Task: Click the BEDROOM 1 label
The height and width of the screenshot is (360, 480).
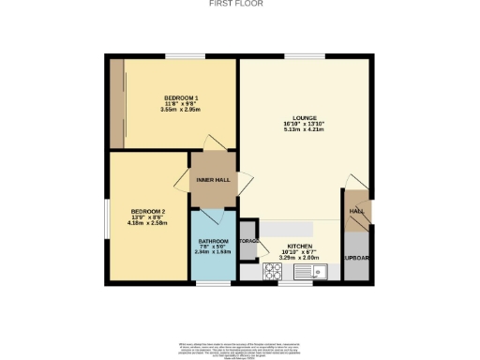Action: point(181,98)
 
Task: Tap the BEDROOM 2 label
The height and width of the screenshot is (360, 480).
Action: point(147,211)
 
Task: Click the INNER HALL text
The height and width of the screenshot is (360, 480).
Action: point(213,179)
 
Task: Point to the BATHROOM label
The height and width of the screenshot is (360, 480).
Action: point(213,241)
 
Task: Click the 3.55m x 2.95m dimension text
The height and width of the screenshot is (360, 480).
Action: point(181,111)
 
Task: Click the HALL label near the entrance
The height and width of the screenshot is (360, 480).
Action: point(356,212)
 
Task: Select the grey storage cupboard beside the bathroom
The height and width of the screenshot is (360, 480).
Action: point(247,241)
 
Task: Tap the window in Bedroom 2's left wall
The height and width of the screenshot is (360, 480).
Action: point(105,217)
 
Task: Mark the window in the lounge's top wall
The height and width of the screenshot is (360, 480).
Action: point(299,57)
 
